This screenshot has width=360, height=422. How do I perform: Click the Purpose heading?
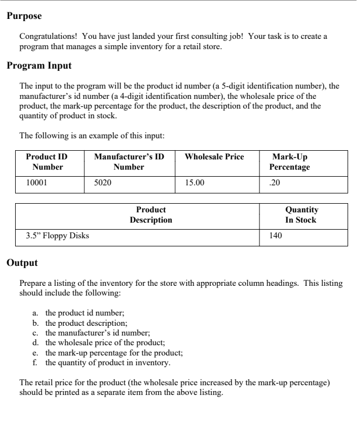(24, 16)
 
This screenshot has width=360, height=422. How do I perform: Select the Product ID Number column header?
(47, 162)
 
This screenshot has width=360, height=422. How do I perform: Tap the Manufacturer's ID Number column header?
(129, 162)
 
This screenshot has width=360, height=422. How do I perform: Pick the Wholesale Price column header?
(214, 157)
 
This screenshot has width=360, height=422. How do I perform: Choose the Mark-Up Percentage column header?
(289, 162)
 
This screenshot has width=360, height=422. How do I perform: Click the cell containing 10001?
(37, 183)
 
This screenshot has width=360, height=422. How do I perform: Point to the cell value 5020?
(103, 183)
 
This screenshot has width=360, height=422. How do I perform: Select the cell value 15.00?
(195, 183)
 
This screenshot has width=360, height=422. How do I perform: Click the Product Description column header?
(151, 215)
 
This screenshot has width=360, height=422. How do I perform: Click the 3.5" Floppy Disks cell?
(58, 236)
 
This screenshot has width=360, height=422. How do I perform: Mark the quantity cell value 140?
(275, 236)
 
